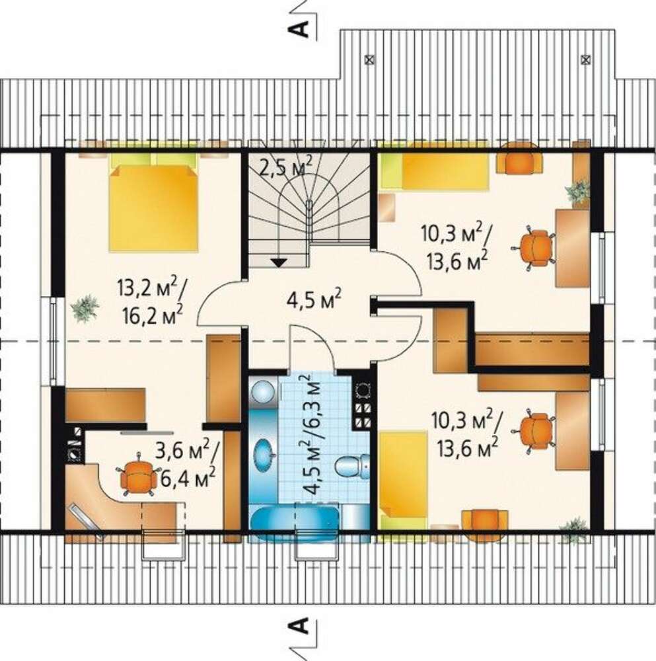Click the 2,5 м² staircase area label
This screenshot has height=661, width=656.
[286, 167]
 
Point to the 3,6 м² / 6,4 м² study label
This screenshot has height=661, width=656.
[186, 465]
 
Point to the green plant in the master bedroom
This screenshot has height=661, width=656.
[85, 308]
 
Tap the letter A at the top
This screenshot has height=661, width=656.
[297, 30]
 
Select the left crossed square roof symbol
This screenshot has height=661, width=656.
[369, 59]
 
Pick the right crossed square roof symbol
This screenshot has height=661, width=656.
[585, 59]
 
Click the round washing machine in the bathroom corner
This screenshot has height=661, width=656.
[264, 391]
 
